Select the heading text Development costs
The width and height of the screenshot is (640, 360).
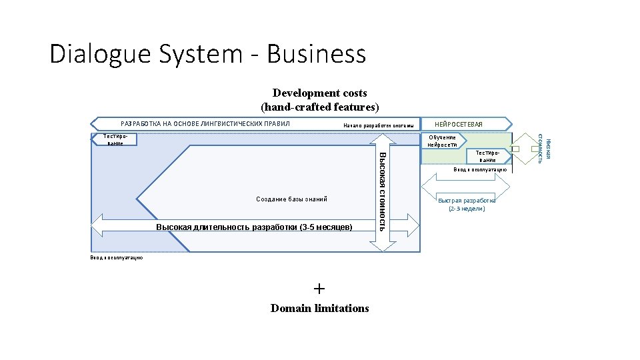[319, 93]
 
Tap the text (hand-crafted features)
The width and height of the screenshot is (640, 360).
[319, 107]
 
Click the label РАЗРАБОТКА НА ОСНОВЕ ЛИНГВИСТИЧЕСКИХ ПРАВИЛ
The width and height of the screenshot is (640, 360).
[205, 124]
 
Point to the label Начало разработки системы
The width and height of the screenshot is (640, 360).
[378, 125]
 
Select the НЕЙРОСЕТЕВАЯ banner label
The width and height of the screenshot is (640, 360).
[458, 125]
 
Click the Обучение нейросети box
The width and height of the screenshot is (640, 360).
[442, 141]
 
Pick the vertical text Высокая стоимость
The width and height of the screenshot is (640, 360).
[382, 191]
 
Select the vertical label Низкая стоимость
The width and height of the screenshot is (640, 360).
[544, 148]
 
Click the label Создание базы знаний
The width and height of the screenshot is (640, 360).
[291, 199]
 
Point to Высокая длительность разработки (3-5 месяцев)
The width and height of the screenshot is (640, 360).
[254, 227]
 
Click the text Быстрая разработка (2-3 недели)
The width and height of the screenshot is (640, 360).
[467, 204]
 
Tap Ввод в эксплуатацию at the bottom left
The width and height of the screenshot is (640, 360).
[116, 258]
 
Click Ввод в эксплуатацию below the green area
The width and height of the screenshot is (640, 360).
[480, 170]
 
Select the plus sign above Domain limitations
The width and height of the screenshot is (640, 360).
[319, 289]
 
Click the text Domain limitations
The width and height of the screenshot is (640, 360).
[319, 308]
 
